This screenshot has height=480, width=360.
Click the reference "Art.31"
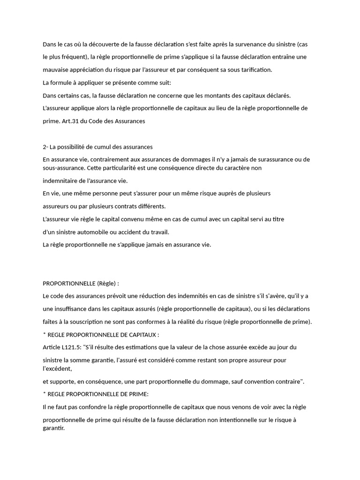[x=71, y=121]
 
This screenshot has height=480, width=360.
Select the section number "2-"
[x=45, y=147]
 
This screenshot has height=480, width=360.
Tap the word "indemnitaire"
[x=60, y=180]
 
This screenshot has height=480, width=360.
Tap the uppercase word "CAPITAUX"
[x=144, y=335]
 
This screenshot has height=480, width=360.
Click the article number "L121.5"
[x=72, y=347]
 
